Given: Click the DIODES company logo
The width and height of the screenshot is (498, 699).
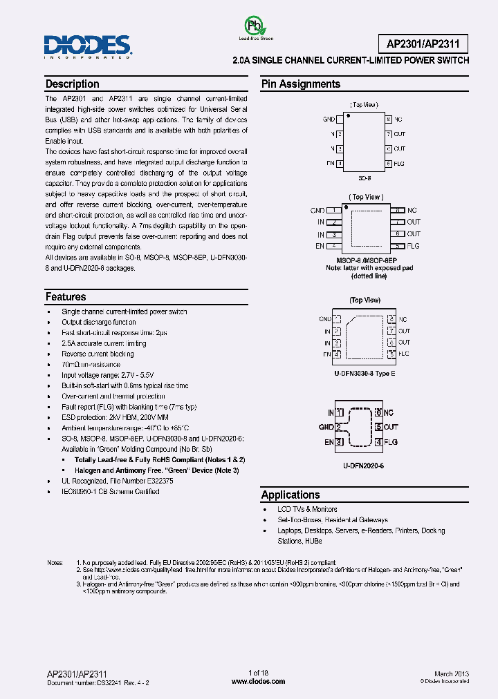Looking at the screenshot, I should pos(87,46).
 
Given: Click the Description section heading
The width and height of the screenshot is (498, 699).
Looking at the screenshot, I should pos(72,84).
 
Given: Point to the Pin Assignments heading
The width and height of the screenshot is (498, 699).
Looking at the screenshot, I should pos(300,84).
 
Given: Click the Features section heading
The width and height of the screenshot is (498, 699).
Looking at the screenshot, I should pos(66,297).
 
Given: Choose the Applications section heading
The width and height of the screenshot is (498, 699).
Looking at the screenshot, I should pos(290,495).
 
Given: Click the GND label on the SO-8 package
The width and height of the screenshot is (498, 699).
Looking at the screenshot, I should pos(329,119).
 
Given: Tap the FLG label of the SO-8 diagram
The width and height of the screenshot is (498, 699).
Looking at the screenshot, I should pos(399,164).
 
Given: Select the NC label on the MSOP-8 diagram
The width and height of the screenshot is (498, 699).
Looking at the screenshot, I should pos(412,210).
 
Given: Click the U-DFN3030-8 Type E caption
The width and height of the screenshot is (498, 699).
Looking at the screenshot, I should pos(365,374).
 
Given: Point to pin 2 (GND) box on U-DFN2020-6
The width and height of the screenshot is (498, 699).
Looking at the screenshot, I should pos(340,428).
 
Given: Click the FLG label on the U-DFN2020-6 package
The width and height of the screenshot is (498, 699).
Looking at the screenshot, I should pos(391,442).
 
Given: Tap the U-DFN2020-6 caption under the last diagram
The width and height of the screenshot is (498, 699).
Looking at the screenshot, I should pos(364,466).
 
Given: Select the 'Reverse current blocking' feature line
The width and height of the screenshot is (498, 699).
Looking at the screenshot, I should pos(98,354).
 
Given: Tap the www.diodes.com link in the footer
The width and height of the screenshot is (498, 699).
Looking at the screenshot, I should pos(257,681).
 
